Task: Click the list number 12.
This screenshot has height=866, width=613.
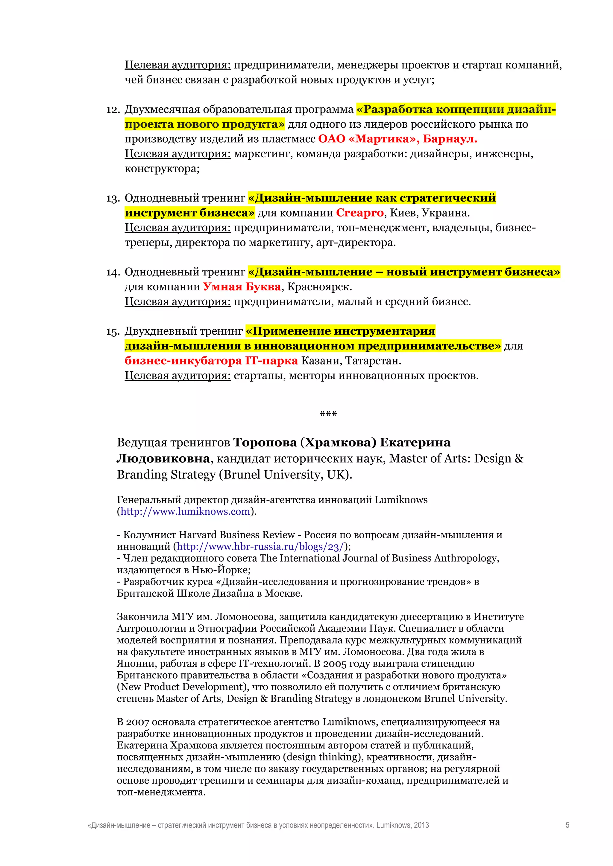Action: [x=113, y=110]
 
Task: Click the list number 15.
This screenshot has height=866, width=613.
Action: [x=113, y=332]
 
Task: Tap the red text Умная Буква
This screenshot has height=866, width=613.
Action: [x=242, y=287]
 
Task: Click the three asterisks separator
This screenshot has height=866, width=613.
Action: [x=328, y=414]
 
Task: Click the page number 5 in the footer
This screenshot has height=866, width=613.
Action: [x=567, y=825]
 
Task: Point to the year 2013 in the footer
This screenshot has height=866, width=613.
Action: [x=421, y=825]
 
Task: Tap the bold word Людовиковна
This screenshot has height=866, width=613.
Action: [x=163, y=458]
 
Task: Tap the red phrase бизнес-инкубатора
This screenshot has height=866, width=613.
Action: [x=183, y=361]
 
